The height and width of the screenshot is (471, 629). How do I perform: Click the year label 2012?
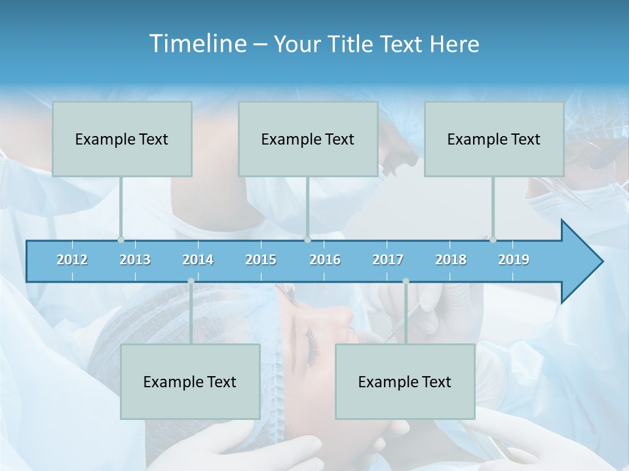point(72,260)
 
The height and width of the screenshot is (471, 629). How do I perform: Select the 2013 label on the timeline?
point(135,260)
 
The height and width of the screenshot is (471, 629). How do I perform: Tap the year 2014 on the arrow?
point(198,260)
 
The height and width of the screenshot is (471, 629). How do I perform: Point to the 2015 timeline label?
point(261,260)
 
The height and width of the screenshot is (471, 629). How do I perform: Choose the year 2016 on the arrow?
point(325,260)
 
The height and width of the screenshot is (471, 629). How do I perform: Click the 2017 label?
point(388,260)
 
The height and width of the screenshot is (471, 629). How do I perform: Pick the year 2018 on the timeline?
point(451,260)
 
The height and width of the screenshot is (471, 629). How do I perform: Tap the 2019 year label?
point(514,260)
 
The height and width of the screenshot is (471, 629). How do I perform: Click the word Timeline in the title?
point(197,44)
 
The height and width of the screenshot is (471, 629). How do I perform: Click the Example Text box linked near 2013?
point(122,139)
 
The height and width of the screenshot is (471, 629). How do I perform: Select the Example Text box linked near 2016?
point(308,139)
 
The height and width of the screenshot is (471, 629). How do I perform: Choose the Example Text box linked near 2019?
point(494,139)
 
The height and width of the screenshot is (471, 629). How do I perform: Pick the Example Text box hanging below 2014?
point(190,381)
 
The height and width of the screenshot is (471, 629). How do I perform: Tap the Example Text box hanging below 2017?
point(405,381)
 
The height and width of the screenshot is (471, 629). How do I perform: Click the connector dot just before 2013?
point(121,239)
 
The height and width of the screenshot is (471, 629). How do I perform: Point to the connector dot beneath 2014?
point(191,281)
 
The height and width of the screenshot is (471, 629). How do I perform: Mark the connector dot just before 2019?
point(493,239)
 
